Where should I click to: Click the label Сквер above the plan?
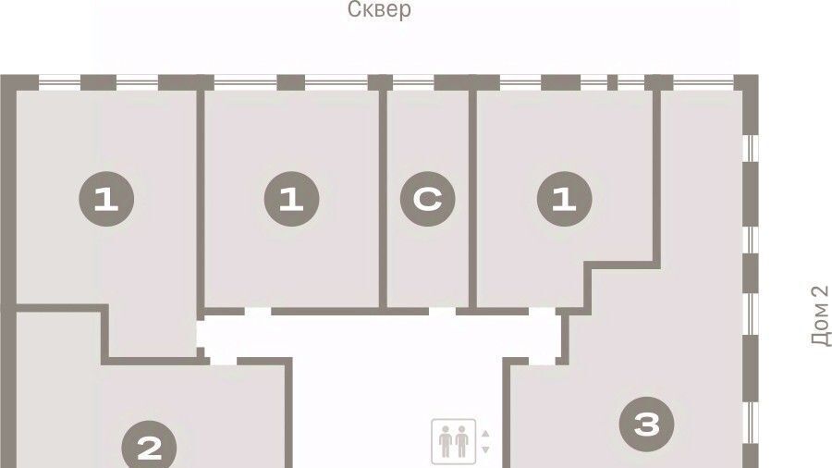pyautogui.click(x=379, y=9)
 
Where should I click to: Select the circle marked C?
pyautogui.click(x=428, y=199)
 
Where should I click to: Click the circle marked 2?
pyautogui.click(x=149, y=447)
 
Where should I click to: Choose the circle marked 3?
pyautogui.click(x=647, y=424)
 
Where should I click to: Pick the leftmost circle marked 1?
pyautogui.click(x=106, y=199)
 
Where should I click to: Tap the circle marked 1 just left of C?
pyautogui.click(x=291, y=199)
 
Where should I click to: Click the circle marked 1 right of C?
pyautogui.click(x=565, y=199)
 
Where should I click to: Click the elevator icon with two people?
pyautogui.click(x=454, y=441)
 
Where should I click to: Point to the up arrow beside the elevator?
pyautogui.click(x=485, y=434)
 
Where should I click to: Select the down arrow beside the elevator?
pyautogui.click(x=485, y=450)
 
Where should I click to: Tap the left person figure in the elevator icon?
pyautogui.click(x=446, y=441)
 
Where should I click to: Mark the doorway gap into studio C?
pyautogui.click(x=442, y=312)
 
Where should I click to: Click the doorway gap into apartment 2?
pyautogui.click(x=224, y=362)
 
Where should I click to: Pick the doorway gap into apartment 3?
pyautogui.click(x=542, y=362)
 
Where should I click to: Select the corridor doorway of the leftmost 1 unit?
pyautogui.click(x=201, y=334)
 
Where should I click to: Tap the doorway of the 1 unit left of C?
pyautogui.click(x=258, y=312)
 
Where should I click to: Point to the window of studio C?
pyautogui.click(x=413, y=82)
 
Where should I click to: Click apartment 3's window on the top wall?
pyautogui.click(x=704, y=82)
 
